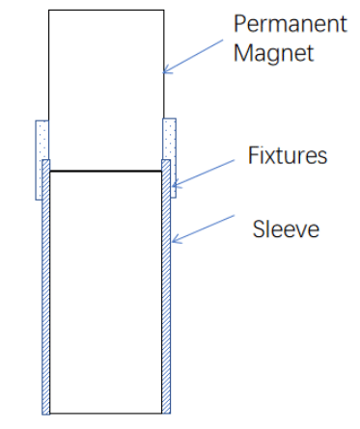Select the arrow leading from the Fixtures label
pyautogui.click(x=208, y=172)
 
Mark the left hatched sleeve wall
pyautogui.click(x=46, y=289)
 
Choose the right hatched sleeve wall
pyautogui.click(x=166, y=289)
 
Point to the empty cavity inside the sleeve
pyautogui.click(x=106, y=289)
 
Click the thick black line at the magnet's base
pyautogui.click(x=106, y=172)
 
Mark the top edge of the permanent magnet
pyautogui.click(x=106, y=11)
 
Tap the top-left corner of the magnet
pyautogui.click(x=49, y=11)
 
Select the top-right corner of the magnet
pyautogui.click(x=163, y=11)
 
